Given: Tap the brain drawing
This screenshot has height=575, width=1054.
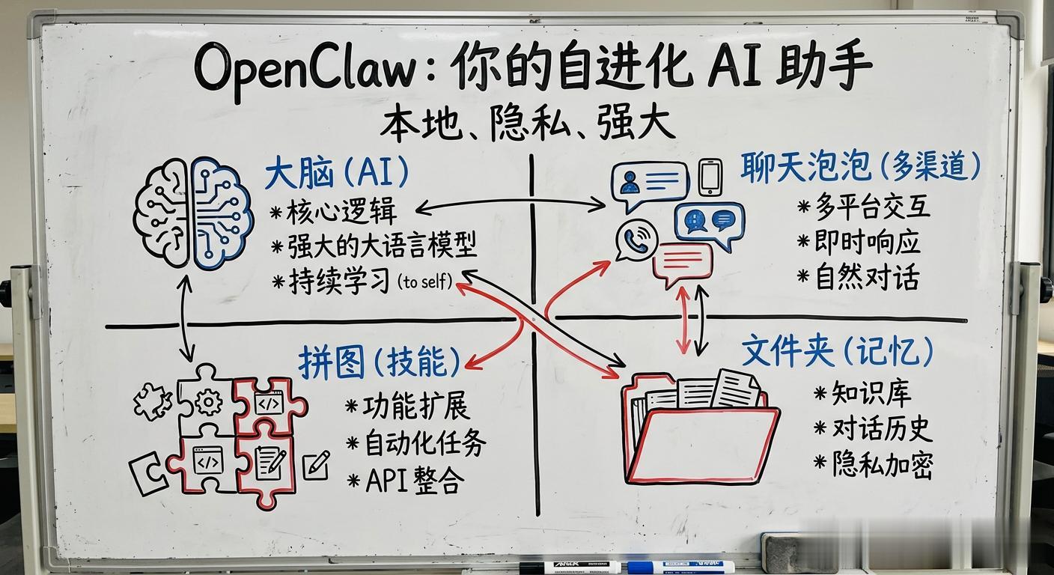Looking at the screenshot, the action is point(192,212).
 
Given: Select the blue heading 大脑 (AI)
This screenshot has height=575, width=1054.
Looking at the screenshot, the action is point(337,174).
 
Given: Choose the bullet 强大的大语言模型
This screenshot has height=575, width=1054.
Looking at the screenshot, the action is point(382,246).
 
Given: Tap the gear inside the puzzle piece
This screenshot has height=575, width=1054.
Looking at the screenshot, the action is point(207,402).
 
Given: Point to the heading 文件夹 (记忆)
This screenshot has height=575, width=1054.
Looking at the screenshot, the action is point(837,350).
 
